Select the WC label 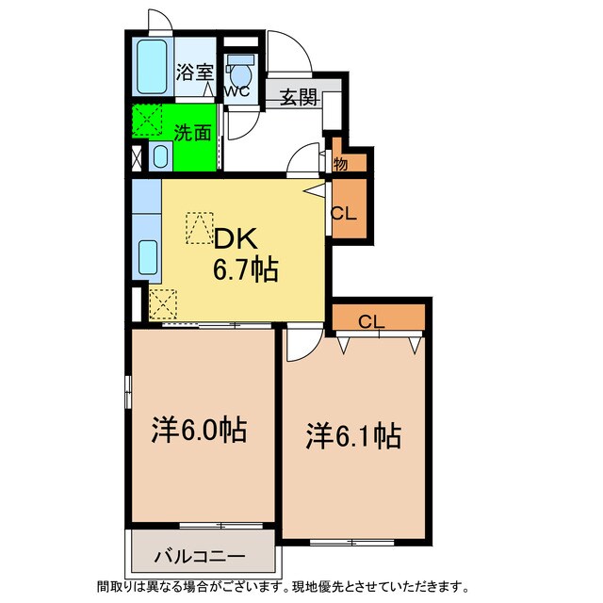(x=236, y=92)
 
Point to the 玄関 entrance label (x=296, y=97)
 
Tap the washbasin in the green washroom (x=159, y=156)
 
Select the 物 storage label (x=340, y=164)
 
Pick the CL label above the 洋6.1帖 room (x=371, y=322)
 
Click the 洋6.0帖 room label (x=200, y=432)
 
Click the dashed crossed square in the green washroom (x=147, y=122)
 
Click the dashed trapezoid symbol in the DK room (x=200, y=227)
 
